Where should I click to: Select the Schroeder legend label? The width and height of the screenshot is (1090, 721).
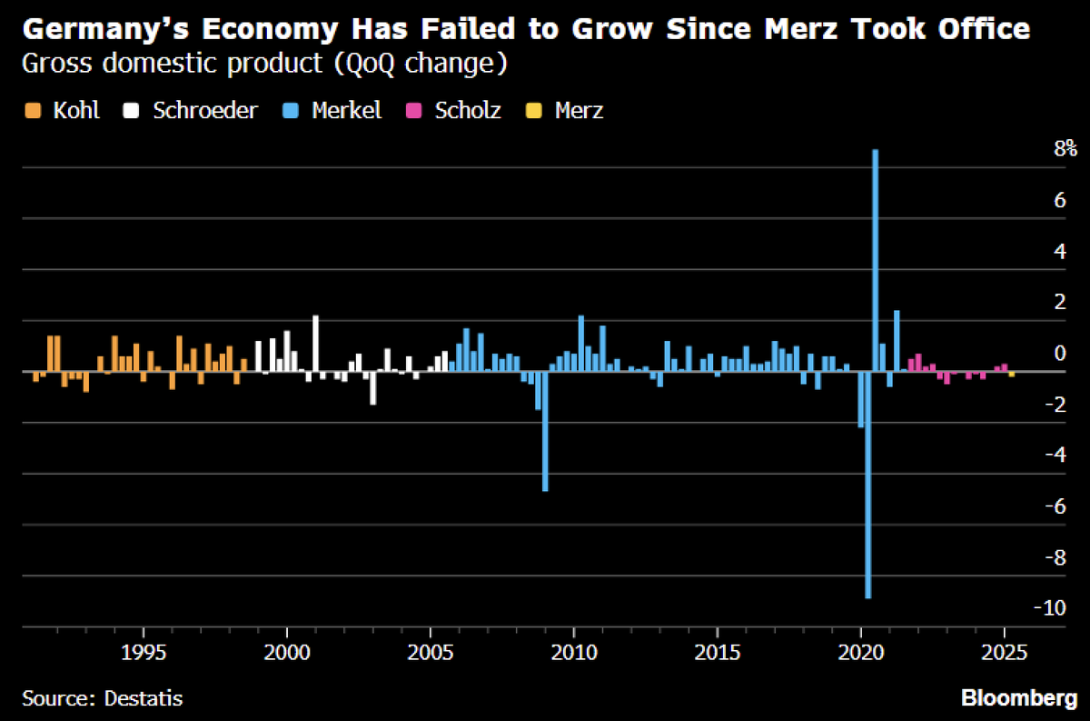coord(204,111)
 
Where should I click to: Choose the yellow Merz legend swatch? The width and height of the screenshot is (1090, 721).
coord(535,111)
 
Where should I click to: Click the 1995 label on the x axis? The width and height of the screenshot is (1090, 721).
coord(144,652)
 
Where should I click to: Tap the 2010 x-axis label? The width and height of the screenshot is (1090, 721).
coord(574,652)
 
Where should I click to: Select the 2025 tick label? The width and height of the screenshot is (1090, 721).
coord(1005,652)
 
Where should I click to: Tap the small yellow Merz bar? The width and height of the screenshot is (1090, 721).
coord(1012,374)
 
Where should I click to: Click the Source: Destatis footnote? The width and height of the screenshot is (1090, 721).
coord(103,698)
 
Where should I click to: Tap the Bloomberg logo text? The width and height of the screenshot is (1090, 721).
coord(1018,698)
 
